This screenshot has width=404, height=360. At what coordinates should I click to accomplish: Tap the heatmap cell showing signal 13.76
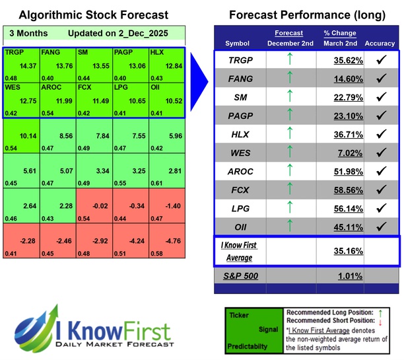coord(57,65)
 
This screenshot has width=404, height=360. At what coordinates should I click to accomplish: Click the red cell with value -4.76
coord(167,240)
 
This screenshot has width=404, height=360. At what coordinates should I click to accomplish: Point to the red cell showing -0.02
coord(94,205)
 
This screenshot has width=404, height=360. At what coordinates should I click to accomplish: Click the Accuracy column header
coord(380,43)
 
